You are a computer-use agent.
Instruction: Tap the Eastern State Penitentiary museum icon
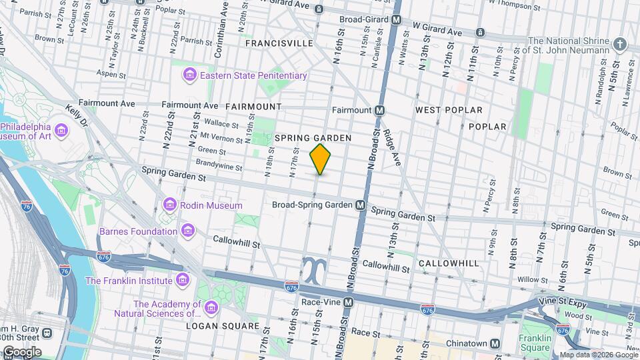(190, 75)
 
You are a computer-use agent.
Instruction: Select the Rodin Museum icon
(170, 205)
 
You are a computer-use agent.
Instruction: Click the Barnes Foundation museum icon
(189, 231)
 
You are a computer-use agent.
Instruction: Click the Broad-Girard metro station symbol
(397, 20)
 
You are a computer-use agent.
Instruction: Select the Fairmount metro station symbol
(379, 110)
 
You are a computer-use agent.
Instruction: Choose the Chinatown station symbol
(495, 343)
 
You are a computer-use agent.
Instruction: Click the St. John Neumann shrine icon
(621, 45)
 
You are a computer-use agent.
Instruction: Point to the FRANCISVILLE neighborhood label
(279, 43)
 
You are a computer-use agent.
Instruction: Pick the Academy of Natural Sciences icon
(211, 307)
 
